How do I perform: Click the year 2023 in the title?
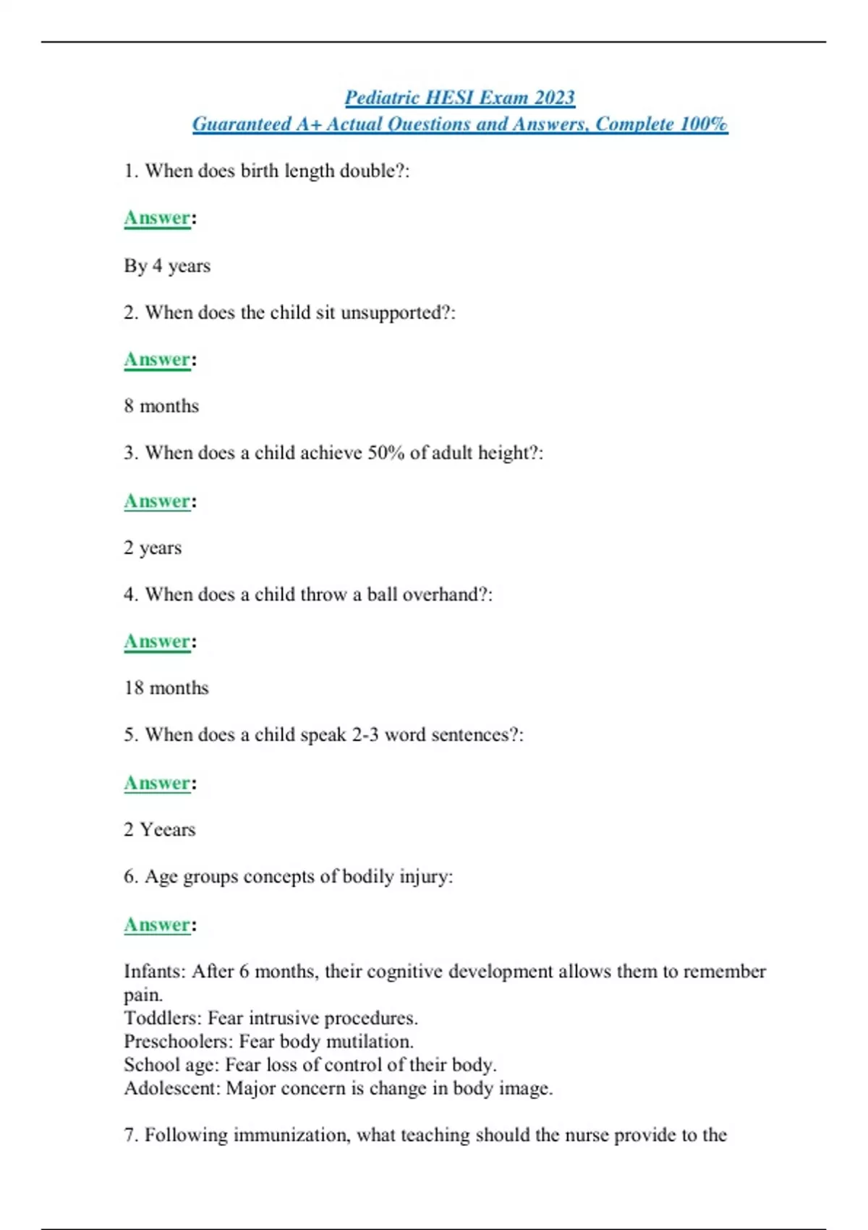pyautogui.click(x=554, y=98)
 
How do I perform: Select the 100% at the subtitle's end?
pyautogui.click(x=703, y=124)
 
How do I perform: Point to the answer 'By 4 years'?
pyautogui.click(x=167, y=266)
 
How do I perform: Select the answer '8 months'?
pyautogui.click(x=161, y=406)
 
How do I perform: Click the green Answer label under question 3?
pyautogui.click(x=157, y=501)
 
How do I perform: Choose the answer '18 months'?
pyautogui.click(x=166, y=687)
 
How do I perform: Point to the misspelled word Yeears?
pyautogui.click(x=168, y=829)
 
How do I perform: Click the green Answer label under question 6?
pyautogui.click(x=157, y=925)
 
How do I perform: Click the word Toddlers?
pyautogui.click(x=162, y=1018)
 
